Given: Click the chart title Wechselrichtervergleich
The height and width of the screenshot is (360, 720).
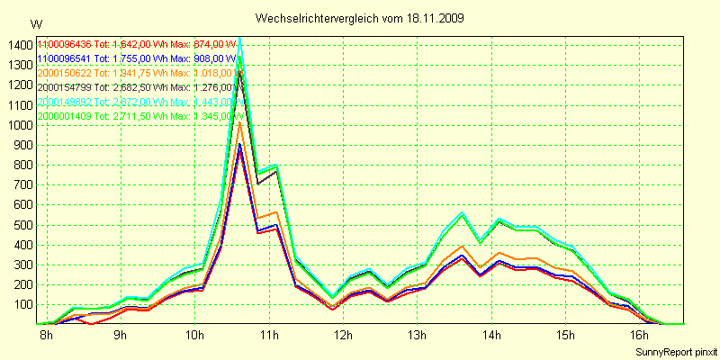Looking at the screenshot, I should [x=315, y=18].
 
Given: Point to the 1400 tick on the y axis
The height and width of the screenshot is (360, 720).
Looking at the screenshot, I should [x=18, y=45].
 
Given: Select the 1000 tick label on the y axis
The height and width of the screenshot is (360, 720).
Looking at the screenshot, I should [x=18, y=125].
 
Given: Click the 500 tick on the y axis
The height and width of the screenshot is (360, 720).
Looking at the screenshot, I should [x=21, y=224].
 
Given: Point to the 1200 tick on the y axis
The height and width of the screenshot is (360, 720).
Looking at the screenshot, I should [x=18, y=85].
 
